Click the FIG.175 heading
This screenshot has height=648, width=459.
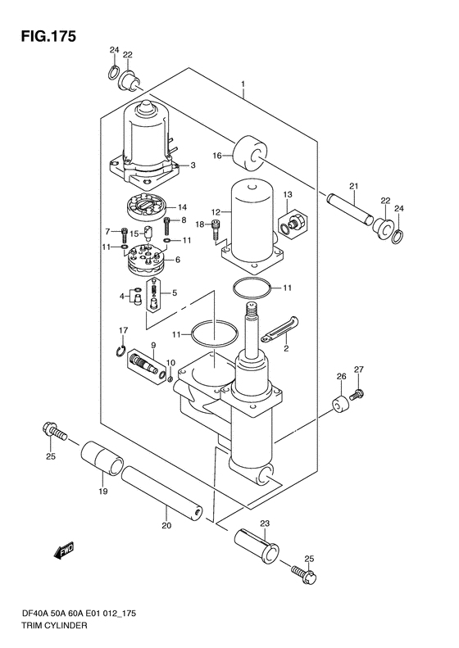pos(49,36)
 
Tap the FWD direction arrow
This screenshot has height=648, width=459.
pos(63,551)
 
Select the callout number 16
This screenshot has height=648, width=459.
pos(217,156)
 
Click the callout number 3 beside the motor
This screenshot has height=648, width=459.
pos(193,165)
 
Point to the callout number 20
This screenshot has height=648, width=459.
pos(166,526)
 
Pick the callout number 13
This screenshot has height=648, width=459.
pos(288,194)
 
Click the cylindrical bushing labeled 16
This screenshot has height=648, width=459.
pos(249,153)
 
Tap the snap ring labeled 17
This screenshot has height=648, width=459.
pos(120,351)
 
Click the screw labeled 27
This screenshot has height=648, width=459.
pos(357,394)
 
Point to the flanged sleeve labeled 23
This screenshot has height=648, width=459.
pos(257,544)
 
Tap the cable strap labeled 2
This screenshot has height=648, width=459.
pos(280,329)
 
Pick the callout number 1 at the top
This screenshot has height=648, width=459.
pos(243,84)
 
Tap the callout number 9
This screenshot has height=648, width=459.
pos(153,344)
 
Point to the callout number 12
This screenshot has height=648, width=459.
pos(216,212)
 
